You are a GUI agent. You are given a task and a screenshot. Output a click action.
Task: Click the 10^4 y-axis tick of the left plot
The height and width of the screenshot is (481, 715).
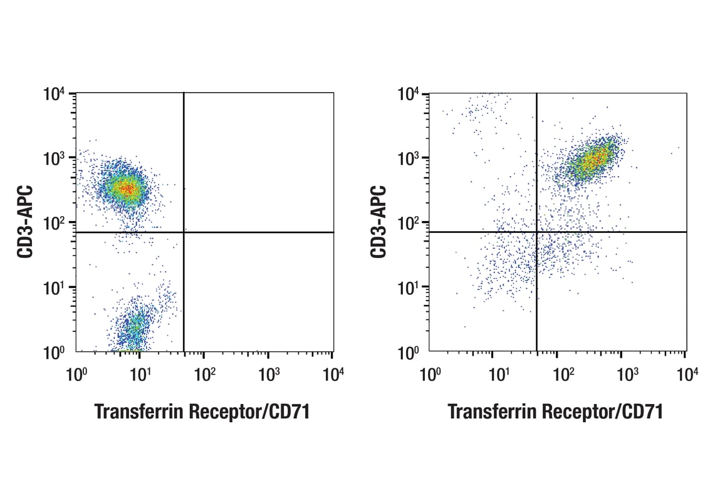pos(55,95)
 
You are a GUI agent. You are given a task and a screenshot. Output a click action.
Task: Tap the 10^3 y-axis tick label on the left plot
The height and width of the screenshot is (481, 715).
pos(55,159)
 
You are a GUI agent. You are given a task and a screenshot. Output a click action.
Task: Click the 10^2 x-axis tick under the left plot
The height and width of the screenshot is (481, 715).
pos(204,373)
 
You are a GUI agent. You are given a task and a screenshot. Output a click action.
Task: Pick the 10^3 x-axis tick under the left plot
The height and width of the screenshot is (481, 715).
pos(268,373)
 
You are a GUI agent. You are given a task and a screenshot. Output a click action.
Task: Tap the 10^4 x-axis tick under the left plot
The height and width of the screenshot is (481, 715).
pos(333,373)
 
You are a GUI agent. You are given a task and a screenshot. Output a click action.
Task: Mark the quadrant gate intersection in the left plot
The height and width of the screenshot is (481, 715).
pos(184,232)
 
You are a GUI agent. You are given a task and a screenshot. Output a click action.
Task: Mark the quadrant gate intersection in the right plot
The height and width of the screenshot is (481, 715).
pos(536,232)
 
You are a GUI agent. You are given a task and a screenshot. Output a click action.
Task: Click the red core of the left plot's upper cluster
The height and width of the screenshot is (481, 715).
pos(127,188)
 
